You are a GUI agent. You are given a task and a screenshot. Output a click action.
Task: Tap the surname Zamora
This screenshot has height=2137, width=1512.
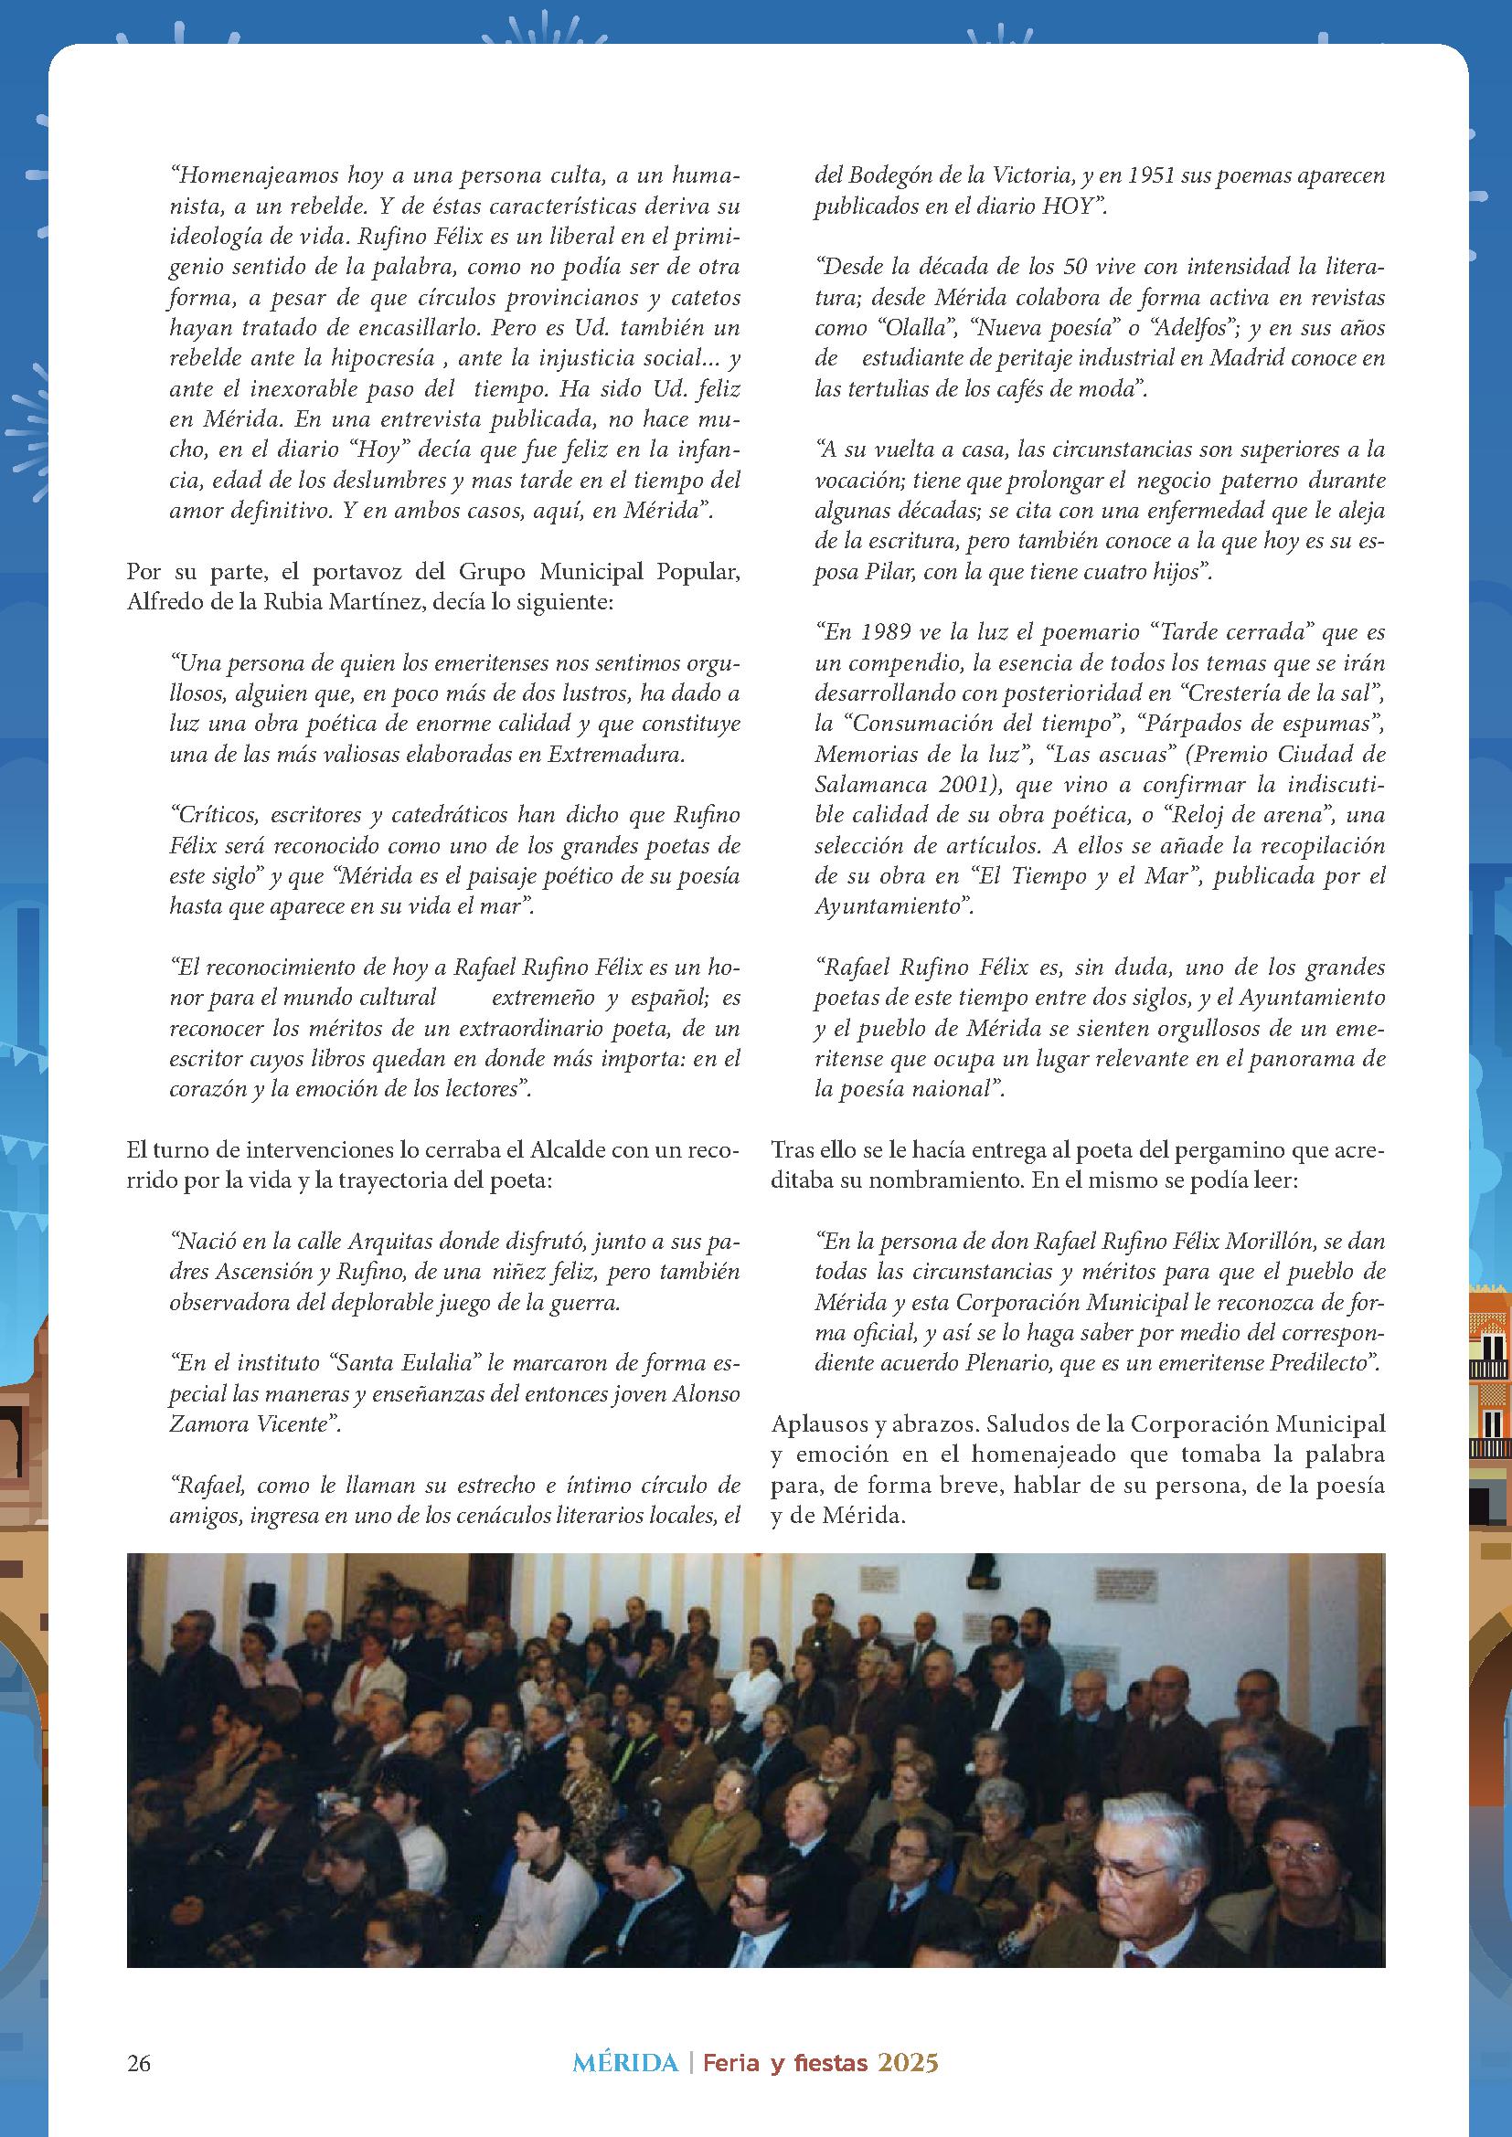point(203,1424)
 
